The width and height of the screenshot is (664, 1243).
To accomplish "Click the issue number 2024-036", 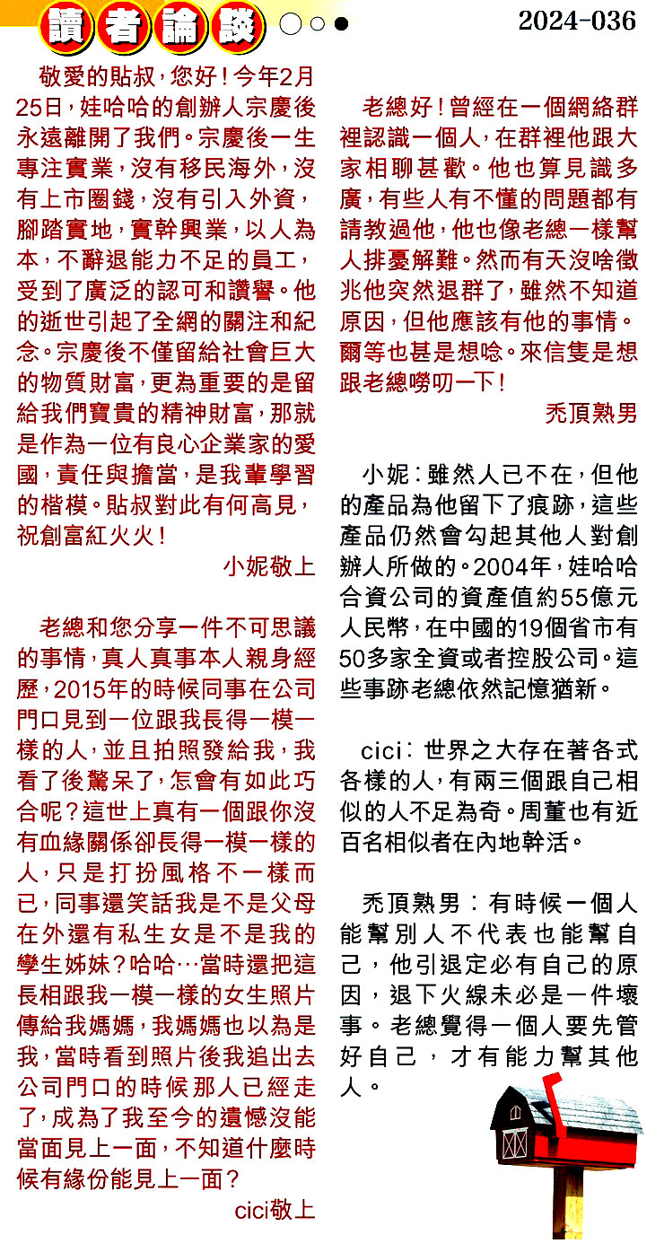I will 577,21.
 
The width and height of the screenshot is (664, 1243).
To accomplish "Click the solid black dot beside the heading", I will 341,24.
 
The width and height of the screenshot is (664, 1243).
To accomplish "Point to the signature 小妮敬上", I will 269,566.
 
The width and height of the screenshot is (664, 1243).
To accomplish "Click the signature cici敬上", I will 275,1209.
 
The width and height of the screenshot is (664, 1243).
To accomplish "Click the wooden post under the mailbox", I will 571,1203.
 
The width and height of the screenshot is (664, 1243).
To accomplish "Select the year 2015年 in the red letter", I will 88,689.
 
